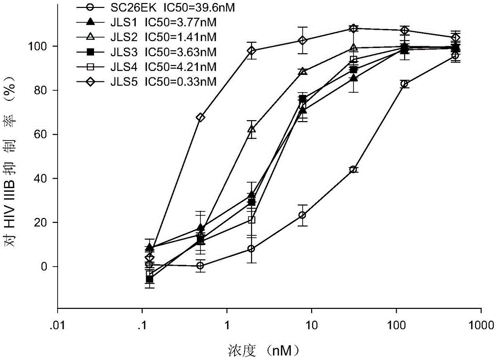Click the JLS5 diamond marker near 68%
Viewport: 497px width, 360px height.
[x=200, y=117]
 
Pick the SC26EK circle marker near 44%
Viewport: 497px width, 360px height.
[x=353, y=169]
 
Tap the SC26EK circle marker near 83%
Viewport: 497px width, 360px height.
[x=405, y=84]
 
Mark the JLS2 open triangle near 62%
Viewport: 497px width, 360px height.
[x=251, y=129]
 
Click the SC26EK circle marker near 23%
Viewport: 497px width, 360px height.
[x=302, y=215]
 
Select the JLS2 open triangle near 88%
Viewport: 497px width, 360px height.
[x=302, y=72]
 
